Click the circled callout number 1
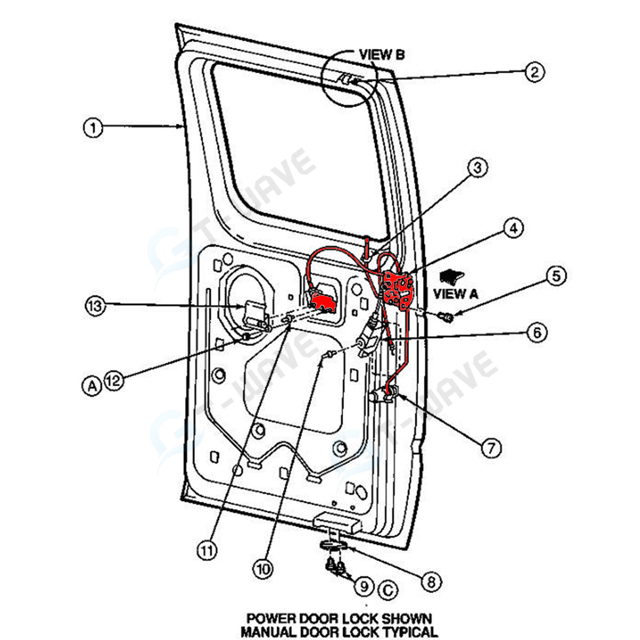[x=93, y=128]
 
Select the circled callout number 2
[x=534, y=72]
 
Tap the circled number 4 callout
[x=513, y=228]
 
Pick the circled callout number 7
[x=491, y=448]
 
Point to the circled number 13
[x=95, y=306]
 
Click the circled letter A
[x=92, y=386]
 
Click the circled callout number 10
[x=263, y=569]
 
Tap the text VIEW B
[x=382, y=54]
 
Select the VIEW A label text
[x=455, y=294]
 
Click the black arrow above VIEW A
[x=451, y=276]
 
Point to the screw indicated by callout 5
[x=447, y=317]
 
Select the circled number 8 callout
[x=431, y=582]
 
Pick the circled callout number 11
[x=207, y=551]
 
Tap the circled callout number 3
[x=478, y=168]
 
